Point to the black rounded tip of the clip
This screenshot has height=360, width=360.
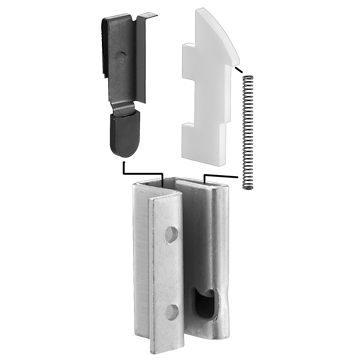pos(126,133)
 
